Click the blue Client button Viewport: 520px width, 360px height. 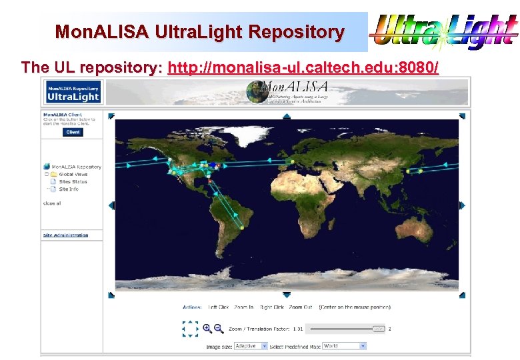click(x=73, y=132)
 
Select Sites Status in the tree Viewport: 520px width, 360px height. click(x=73, y=181)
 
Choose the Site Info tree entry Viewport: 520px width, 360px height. click(x=69, y=189)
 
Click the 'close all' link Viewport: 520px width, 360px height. click(x=52, y=203)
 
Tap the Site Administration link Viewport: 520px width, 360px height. click(x=65, y=235)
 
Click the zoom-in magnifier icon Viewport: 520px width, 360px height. click(x=207, y=328)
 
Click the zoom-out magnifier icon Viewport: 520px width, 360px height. click(x=218, y=328)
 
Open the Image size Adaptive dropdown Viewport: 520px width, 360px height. click(x=251, y=346)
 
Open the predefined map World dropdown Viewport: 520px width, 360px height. click(x=344, y=346)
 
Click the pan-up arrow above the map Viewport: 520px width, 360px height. click(x=287, y=116)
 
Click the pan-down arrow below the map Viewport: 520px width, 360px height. click(x=287, y=295)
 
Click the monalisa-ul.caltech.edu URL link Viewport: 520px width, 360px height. click(x=303, y=67)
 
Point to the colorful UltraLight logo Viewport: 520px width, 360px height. click(x=443, y=31)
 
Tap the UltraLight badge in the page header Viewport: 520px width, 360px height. click(x=73, y=92)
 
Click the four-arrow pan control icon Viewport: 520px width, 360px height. click(x=191, y=328)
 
